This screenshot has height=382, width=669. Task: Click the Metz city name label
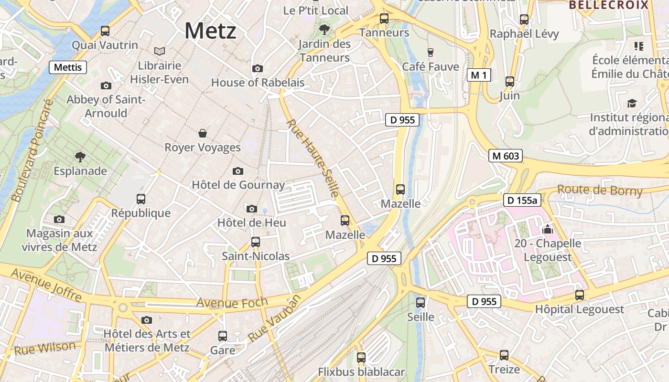pos(210,31)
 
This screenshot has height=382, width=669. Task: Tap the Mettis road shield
pos(68,67)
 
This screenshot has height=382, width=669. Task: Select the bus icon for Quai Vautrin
pos(105,31)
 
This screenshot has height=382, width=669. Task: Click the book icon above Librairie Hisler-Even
pos(160,51)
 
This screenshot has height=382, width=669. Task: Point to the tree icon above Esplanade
pos(80,157)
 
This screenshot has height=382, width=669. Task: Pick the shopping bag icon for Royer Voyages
pos(203,133)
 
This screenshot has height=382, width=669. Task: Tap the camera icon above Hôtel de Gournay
pos(238,171)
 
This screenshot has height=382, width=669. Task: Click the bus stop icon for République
pos(141,199)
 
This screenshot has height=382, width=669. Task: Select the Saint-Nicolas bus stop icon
pos(256,242)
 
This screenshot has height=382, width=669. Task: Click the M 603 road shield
pos(505,156)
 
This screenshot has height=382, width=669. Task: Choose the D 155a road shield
pos(522,200)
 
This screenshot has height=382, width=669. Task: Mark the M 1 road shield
pos(479,75)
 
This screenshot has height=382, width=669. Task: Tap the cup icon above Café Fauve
pos(431,52)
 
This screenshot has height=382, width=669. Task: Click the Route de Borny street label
pos(600,191)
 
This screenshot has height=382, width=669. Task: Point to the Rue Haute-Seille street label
pos(313,158)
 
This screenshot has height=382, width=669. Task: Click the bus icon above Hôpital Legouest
pos(580,295)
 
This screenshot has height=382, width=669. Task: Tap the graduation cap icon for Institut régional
pos(632,104)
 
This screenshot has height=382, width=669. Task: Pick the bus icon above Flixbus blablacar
pos(361,358)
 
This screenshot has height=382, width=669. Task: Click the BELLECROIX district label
pos(609,5)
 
